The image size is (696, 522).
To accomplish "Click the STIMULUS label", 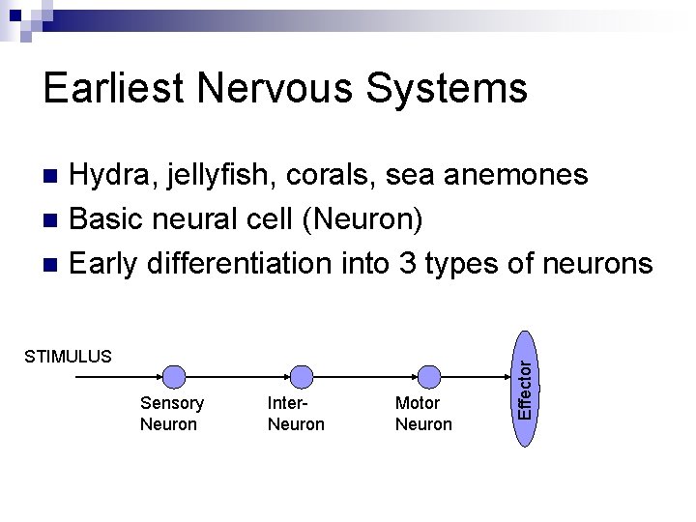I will [x=68, y=357].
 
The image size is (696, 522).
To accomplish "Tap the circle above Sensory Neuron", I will [x=174, y=376].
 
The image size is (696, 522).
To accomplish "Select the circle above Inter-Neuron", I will [x=302, y=376].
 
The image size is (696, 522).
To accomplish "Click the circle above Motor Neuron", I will [x=429, y=376].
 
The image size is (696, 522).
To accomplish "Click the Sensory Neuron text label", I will [x=171, y=414].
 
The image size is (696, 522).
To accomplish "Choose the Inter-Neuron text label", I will [x=295, y=414].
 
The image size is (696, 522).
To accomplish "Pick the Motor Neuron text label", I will [x=422, y=414].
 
